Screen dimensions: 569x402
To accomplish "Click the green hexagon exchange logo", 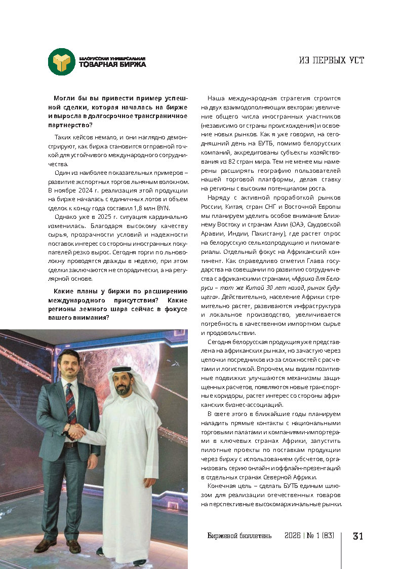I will coord(62,61).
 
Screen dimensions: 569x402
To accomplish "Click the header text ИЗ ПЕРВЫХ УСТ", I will coord(332,61).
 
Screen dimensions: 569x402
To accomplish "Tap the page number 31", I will coord(358,536).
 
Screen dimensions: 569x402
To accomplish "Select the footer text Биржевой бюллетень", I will coord(239,536).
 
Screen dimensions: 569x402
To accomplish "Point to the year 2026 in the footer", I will coord(293,536).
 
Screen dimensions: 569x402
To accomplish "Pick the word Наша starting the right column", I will coord(217,98).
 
